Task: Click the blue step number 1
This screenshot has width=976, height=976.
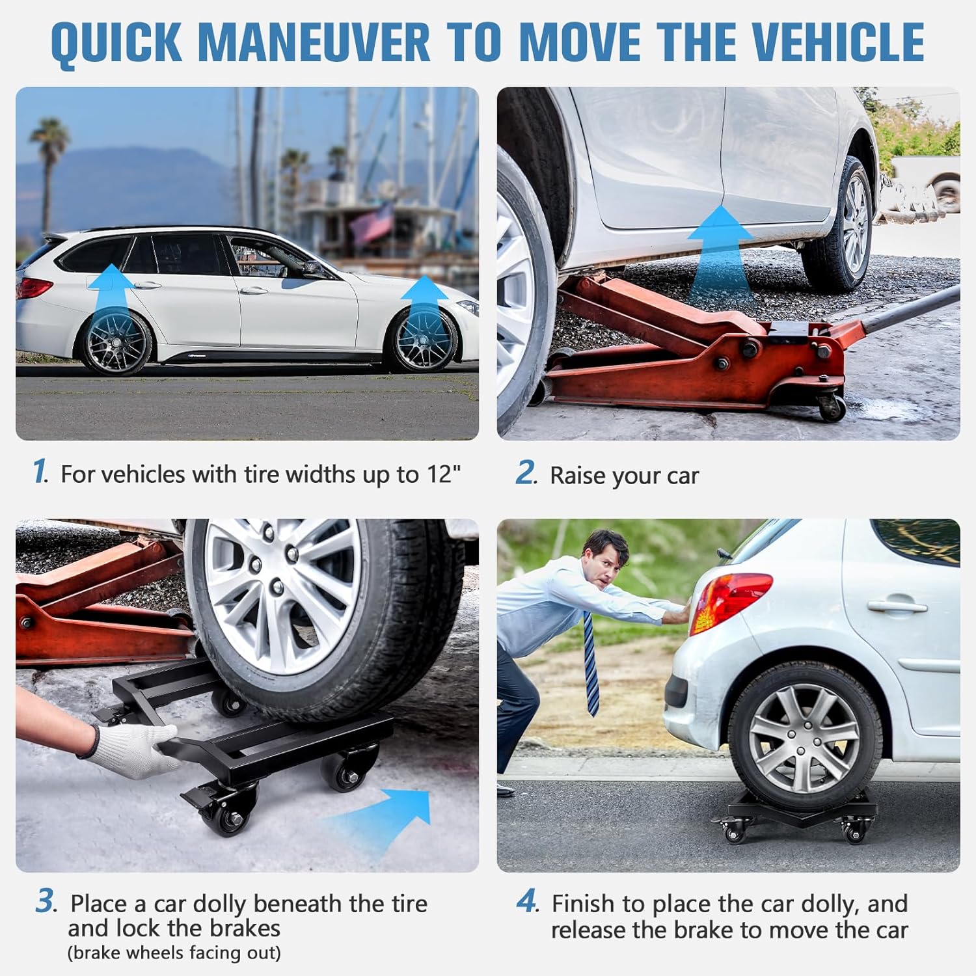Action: click(x=40, y=471)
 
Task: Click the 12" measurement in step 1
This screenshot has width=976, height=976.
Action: click(x=444, y=474)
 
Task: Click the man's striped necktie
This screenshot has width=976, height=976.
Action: click(x=591, y=664)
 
